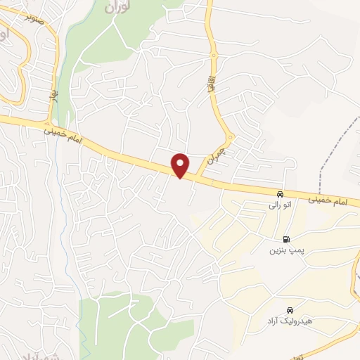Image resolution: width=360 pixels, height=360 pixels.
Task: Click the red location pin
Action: point(181,165)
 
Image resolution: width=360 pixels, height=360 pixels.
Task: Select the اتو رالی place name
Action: point(279,206)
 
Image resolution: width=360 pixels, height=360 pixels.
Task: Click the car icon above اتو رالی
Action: point(280,194)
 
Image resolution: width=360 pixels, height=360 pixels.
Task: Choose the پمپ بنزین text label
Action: point(285,250)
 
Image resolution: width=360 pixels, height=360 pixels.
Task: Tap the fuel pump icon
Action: point(285,238)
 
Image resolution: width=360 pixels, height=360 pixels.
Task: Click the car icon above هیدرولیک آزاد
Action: point(290,310)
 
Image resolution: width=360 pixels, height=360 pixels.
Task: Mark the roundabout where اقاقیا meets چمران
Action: point(230,136)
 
